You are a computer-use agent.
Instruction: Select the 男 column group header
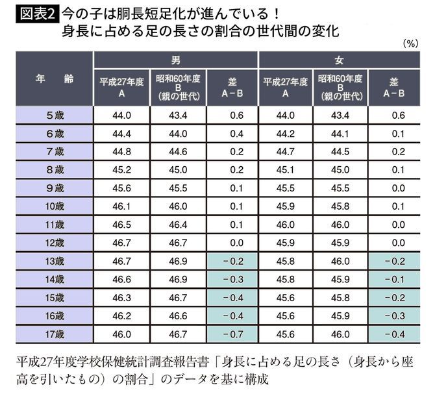(176, 60)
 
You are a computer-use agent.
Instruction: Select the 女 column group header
(340, 60)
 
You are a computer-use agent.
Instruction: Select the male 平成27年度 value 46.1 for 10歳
(122, 206)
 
